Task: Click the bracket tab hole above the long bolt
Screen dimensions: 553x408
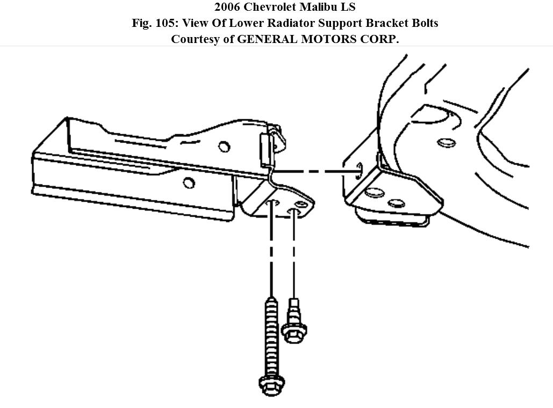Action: pos(273,203)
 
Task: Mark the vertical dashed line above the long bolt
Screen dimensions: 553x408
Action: pos(271,253)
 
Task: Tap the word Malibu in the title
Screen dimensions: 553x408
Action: pos(321,8)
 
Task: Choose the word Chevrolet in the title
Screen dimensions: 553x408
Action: pos(270,8)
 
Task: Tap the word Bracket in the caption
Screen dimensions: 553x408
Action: pos(384,23)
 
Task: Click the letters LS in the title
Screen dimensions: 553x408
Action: pos(349,8)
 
